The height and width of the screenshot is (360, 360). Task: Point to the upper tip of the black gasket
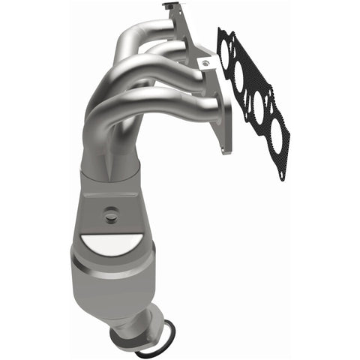[222, 31]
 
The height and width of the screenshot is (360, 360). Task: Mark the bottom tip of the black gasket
[280, 177]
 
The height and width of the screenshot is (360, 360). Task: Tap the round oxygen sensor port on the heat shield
[110, 214]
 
